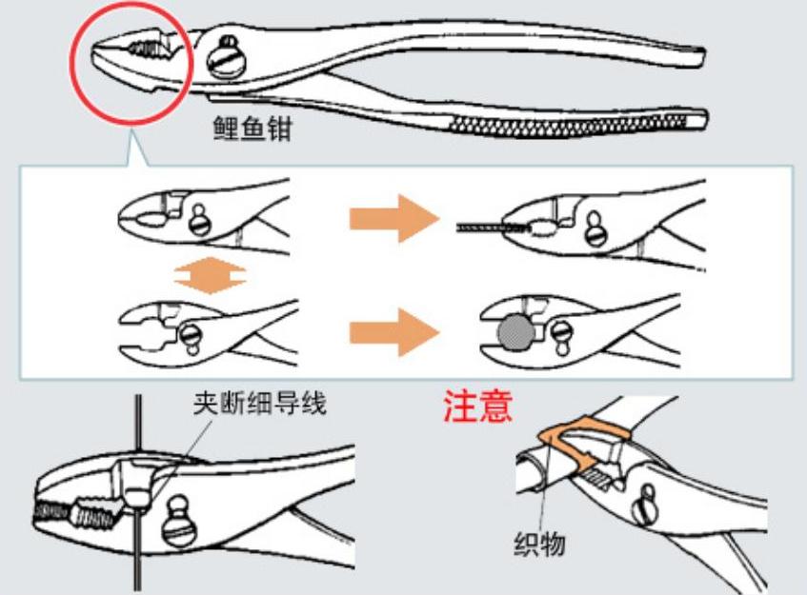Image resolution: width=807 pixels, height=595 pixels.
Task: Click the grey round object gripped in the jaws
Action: (515, 332)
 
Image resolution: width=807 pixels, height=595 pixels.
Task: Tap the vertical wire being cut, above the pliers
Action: (138, 428)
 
